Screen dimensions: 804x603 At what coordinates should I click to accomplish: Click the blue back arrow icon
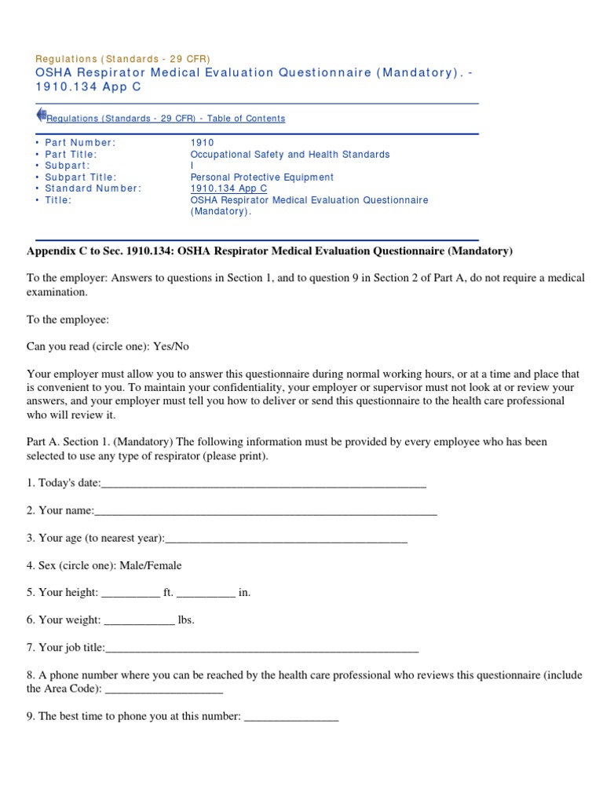[x=41, y=115]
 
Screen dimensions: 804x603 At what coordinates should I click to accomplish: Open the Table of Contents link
[x=166, y=119]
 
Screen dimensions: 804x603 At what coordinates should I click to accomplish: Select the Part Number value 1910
[x=202, y=143]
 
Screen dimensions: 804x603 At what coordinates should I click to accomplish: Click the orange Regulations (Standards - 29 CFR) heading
[x=123, y=59]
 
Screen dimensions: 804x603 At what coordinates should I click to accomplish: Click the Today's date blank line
[x=264, y=484]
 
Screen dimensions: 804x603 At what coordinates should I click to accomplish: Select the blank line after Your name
[x=265, y=511]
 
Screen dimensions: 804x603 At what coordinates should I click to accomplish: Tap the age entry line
[x=286, y=539]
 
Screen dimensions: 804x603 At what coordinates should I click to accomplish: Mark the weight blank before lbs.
[x=139, y=620]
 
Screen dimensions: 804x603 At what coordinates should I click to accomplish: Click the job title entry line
[x=261, y=648]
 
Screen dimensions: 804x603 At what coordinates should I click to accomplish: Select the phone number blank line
[x=163, y=689]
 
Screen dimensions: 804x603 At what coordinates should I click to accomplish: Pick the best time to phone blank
[x=291, y=717]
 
